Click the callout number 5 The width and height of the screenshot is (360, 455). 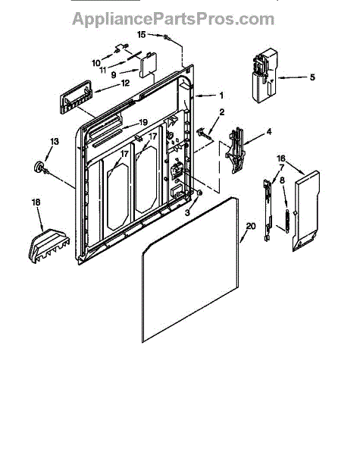coord(312,77)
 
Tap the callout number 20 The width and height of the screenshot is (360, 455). coord(251,226)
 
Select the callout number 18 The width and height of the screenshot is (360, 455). coord(36,202)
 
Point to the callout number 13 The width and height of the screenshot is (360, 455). coord(55,141)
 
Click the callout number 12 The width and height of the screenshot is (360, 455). coord(125,83)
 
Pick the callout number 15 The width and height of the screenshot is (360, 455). coord(141,35)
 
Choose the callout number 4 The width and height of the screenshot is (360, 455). coord(269,132)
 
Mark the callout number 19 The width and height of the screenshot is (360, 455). coord(143,122)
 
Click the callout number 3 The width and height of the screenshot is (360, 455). coord(187,212)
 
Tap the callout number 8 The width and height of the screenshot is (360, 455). coord(282,180)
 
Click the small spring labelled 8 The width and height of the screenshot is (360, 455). coord(287,221)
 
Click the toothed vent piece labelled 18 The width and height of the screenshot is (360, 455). coord(49,246)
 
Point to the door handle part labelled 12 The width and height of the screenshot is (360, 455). coord(76,97)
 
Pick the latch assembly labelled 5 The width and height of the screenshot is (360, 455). coord(265,75)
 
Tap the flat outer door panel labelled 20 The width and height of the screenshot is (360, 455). coord(190,270)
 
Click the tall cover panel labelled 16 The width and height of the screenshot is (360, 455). coord(306,211)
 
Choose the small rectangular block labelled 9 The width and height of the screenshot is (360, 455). coord(148,64)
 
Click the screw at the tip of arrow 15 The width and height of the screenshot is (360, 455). coord(167,37)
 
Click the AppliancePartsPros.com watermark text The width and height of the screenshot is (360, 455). coord(173,19)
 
